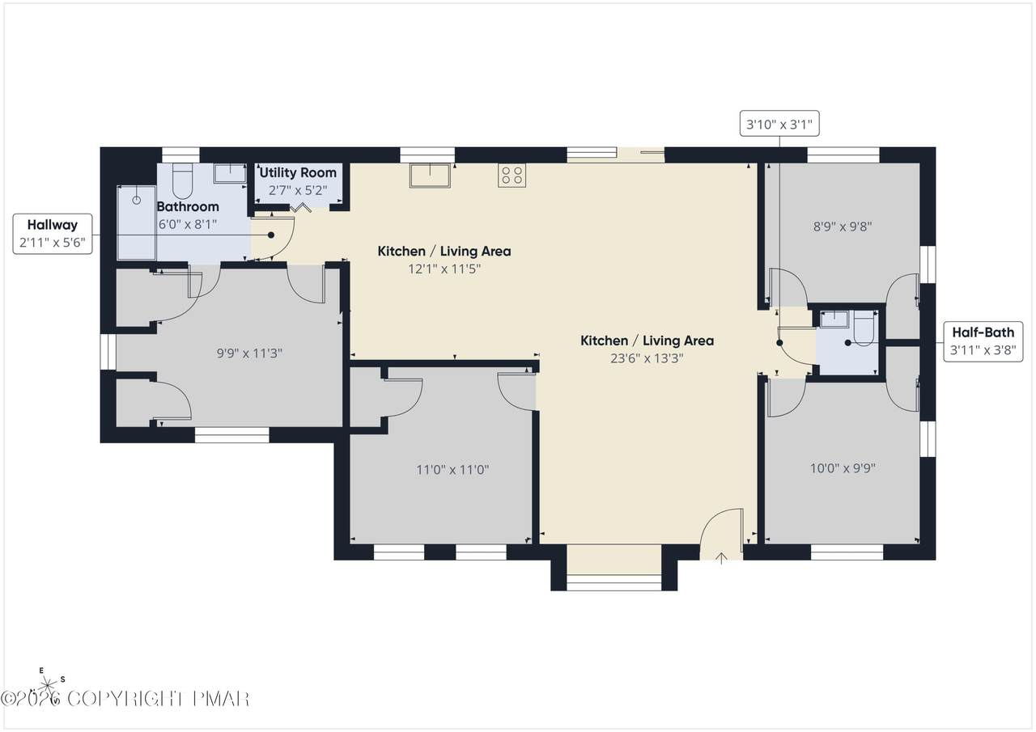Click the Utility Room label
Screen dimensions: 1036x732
[x=298, y=172]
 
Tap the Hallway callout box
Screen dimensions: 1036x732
[x=53, y=234]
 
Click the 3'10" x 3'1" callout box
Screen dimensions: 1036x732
[x=779, y=124]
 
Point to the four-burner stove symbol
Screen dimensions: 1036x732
[x=512, y=176]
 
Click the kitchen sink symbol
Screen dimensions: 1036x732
[x=430, y=176]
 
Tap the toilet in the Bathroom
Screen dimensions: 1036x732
[x=182, y=180]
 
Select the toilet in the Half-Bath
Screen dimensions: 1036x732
[x=864, y=328]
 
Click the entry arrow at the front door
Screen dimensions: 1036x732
[x=721, y=559]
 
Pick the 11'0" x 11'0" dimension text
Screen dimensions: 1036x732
[x=452, y=470]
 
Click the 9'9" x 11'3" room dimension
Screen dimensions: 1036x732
[x=249, y=353]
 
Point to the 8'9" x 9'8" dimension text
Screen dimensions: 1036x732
[x=843, y=226]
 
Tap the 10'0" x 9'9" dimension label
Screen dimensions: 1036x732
[x=843, y=468]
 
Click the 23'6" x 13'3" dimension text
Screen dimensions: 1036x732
[x=647, y=358]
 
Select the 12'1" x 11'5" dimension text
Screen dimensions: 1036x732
[x=444, y=269]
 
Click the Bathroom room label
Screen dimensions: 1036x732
[x=188, y=206]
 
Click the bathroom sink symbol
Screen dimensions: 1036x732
[x=230, y=173]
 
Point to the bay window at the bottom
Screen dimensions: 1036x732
[x=614, y=582]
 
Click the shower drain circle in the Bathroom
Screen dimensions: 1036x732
[x=137, y=200]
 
